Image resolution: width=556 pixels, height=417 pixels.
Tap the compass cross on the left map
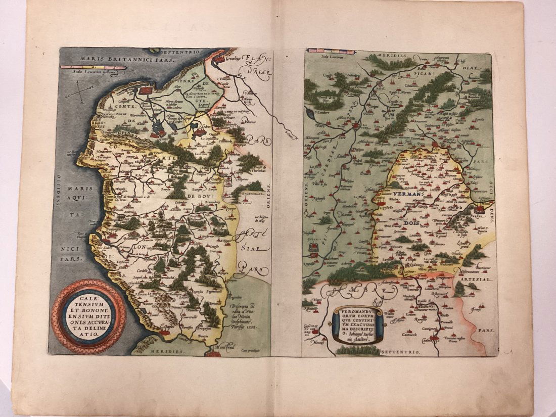[81, 91]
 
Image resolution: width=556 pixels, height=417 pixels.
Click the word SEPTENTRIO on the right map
[399, 350]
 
